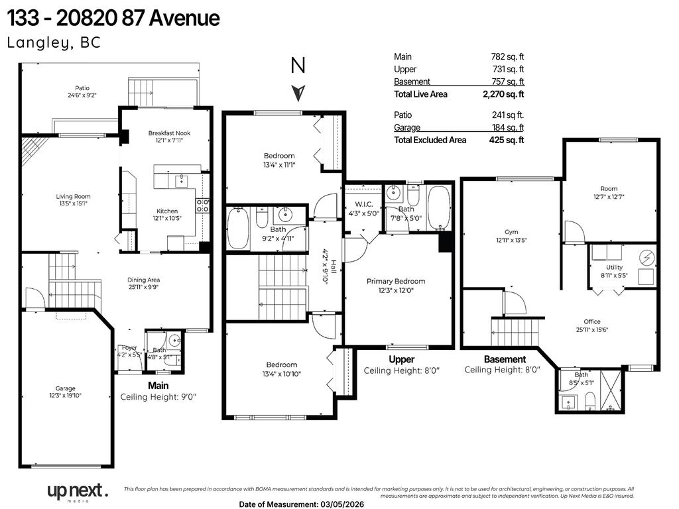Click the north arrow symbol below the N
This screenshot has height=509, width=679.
pyautogui.click(x=300, y=91)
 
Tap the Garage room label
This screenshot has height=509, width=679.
pyautogui.click(x=65, y=388)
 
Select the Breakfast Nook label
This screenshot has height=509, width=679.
pyautogui.click(x=169, y=133)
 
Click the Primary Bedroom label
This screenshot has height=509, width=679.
pyautogui.click(x=396, y=281)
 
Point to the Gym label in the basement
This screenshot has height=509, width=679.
pyautogui.click(x=511, y=231)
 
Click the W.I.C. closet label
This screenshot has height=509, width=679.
pyautogui.click(x=363, y=204)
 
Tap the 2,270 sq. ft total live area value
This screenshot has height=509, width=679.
pyautogui.click(x=503, y=94)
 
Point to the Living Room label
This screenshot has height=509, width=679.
pyautogui.click(x=73, y=196)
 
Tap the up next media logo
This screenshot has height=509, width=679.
pyautogui.click(x=76, y=491)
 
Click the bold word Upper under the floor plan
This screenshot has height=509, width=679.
pyautogui.click(x=401, y=359)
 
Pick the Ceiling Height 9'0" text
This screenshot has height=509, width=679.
pyautogui.click(x=158, y=397)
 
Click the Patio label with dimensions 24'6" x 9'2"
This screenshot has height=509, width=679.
pyautogui.click(x=82, y=91)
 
